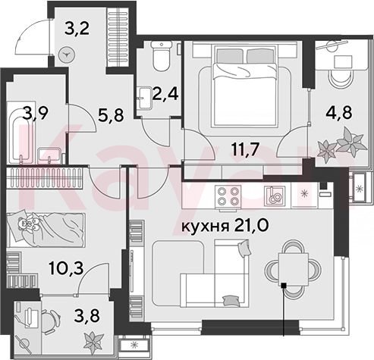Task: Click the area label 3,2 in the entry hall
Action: (77, 29)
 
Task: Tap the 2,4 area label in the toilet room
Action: (165, 94)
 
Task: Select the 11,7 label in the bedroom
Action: (245, 149)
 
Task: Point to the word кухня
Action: (206, 227)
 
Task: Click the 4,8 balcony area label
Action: (339, 112)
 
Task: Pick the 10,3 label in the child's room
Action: (67, 268)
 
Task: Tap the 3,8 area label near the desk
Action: (86, 316)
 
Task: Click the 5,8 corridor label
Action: (111, 115)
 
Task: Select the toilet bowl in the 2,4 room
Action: (162, 56)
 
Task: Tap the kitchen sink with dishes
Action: (275, 195)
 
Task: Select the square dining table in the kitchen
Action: (294, 270)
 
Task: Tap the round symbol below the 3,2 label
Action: (67, 55)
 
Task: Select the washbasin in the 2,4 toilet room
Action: (146, 98)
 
